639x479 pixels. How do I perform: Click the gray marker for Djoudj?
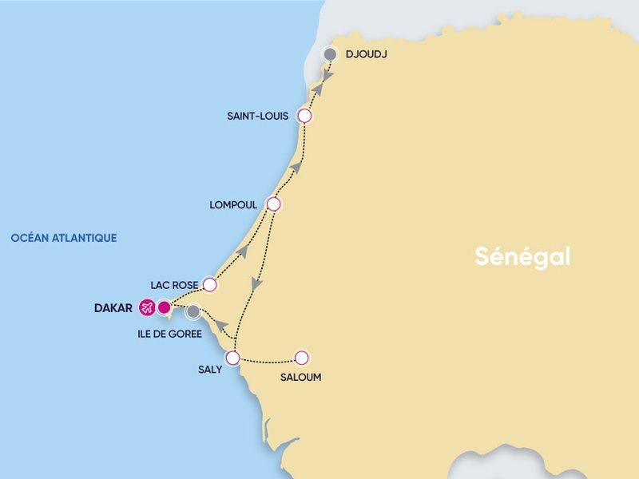pos(329,54)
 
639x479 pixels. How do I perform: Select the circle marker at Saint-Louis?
pos(304,116)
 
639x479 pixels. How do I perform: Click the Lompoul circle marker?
pos(273,204)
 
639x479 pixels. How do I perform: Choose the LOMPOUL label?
pos(233,205)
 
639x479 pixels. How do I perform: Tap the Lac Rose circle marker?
pos(210,284)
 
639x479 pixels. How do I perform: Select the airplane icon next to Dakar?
pos(147,307)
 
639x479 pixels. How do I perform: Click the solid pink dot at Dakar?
pos(165,307)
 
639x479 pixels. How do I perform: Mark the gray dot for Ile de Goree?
pos(193,312)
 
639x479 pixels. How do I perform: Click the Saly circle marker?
pos(233,358)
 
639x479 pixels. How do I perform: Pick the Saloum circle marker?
pos(301,358)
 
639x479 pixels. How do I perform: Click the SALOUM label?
pos(301,378)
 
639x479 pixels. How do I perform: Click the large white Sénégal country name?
pos(522,256)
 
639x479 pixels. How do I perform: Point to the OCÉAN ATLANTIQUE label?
pos(64,238)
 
